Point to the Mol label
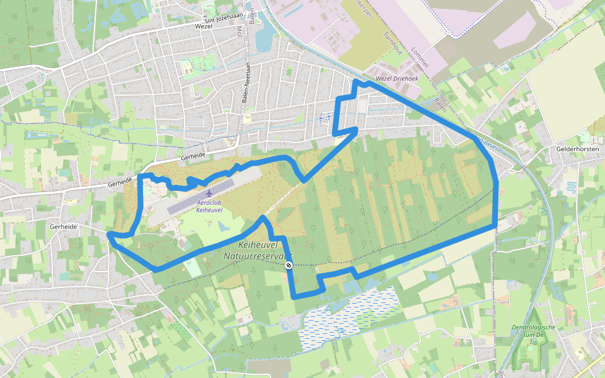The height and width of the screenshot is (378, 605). point(239,31)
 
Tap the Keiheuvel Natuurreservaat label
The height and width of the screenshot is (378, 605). point(258,250)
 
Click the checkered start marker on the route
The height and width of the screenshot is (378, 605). point(288,265)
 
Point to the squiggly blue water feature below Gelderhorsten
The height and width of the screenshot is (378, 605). point(571,187)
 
